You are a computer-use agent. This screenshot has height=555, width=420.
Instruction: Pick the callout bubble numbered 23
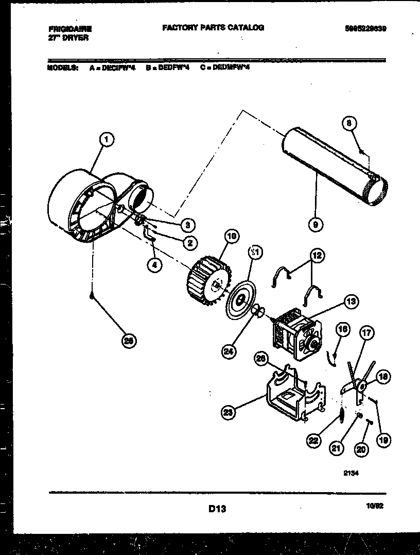(227, 411)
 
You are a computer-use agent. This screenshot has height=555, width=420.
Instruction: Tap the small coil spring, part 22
(341, 415)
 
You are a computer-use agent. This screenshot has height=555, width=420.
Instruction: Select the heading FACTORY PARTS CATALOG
(213, 28)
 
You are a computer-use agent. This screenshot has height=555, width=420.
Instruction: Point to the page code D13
(217, 509)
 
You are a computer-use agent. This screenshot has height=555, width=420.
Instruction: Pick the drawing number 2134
(351, 477)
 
